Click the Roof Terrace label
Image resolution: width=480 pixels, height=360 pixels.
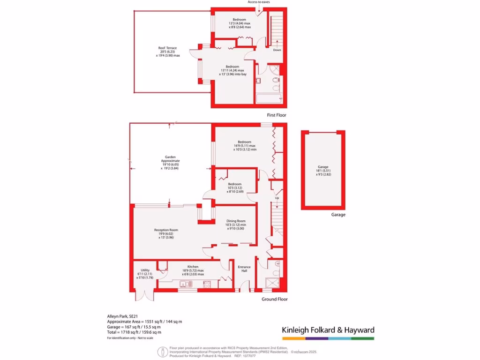pos(167,48)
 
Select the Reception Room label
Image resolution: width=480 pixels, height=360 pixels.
pos(166,230)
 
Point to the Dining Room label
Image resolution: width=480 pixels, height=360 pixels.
pos(235,221)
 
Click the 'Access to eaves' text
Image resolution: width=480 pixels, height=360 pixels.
pos(259,2)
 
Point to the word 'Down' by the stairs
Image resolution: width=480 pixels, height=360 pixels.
pos(277,50)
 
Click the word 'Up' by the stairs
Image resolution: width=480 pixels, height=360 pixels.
pos(277,198)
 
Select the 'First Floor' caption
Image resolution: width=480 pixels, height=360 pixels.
pos(276,115)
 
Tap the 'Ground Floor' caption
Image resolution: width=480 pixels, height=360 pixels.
pos(275,299)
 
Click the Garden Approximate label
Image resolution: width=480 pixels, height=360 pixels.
pos(170,157)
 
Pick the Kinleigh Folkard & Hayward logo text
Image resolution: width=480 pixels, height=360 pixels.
pos(328,330)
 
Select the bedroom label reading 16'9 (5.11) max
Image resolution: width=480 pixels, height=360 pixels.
pos(244,142)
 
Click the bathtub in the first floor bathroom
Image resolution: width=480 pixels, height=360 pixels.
pos(269,98)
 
